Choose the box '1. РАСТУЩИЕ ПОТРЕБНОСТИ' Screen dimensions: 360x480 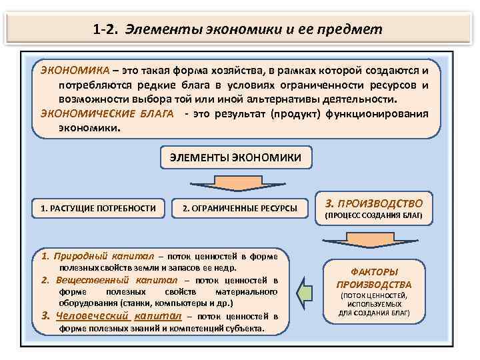(x=98, y=209)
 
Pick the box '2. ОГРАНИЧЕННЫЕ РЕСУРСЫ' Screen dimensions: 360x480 (x=240, y=209)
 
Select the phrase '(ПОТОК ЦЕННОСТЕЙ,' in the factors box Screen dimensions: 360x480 (x=373, y=295)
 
